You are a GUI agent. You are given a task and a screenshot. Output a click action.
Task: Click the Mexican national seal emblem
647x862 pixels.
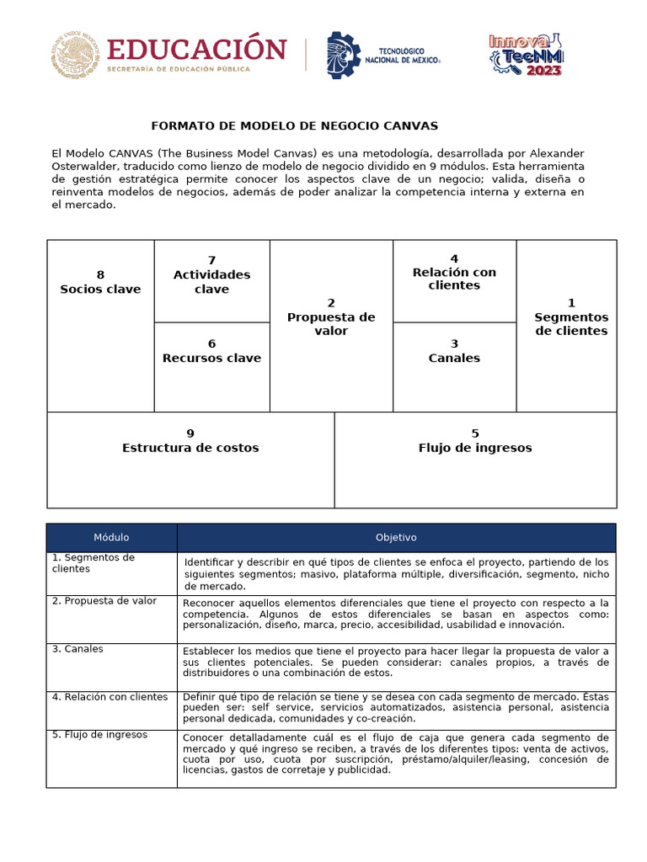74,55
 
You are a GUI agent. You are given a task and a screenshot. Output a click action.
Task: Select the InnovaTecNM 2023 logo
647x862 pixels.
527,55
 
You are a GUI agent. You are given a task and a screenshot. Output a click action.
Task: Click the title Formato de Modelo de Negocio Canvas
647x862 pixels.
295,126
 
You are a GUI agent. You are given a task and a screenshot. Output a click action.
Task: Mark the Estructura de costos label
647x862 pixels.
190,448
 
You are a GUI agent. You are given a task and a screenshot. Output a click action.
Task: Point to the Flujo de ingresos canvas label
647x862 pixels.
475,448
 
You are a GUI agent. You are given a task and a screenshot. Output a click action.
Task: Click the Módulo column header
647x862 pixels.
111,538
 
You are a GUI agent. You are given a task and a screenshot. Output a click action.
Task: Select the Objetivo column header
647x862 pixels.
396,538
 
